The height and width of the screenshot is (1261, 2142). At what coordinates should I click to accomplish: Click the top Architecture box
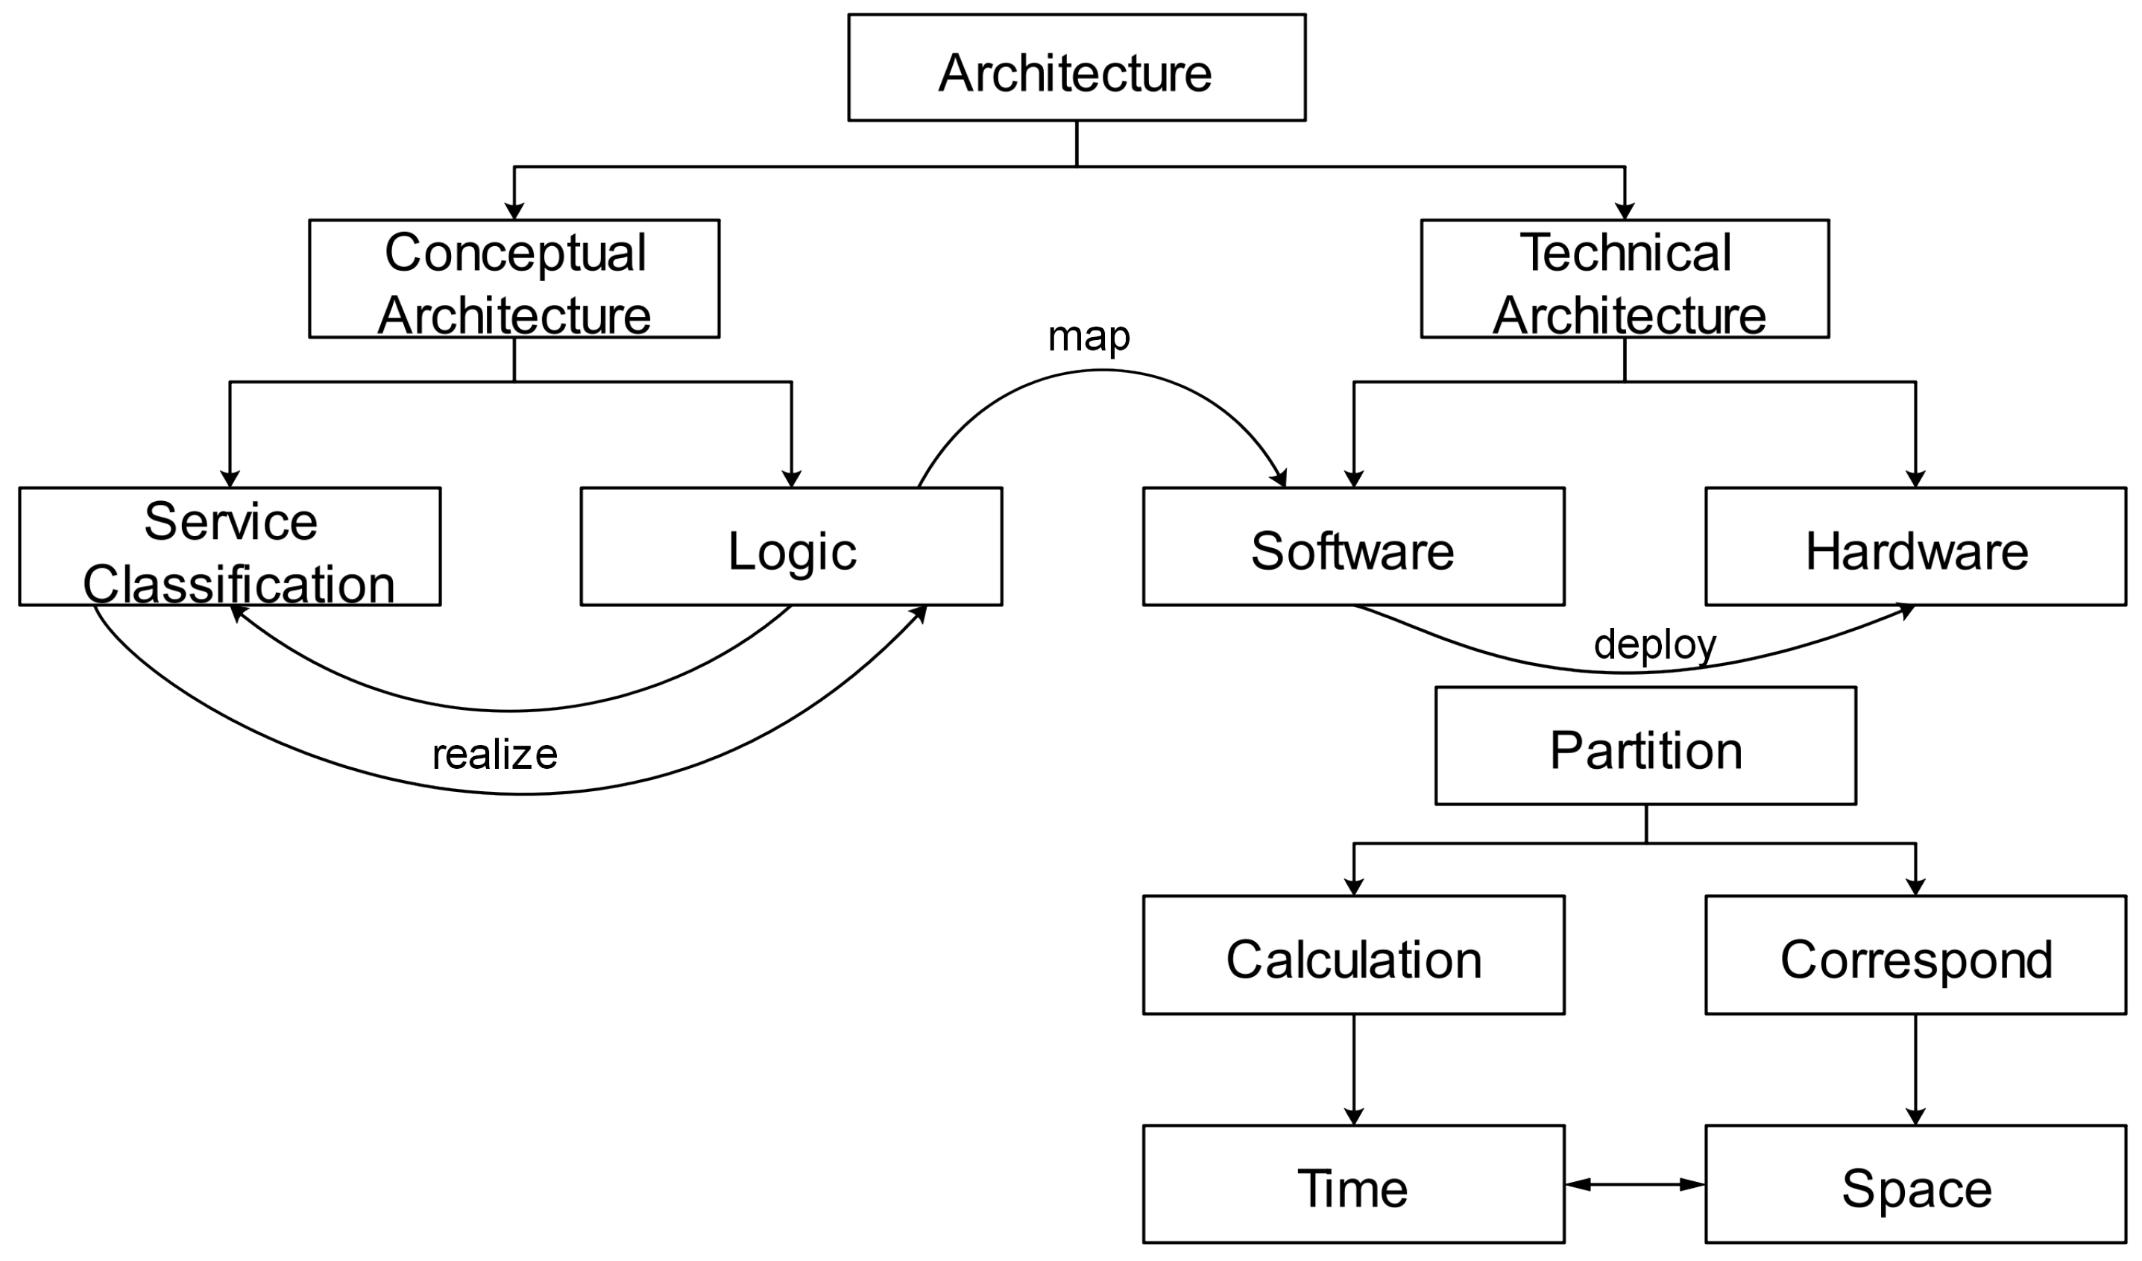(1076, 67)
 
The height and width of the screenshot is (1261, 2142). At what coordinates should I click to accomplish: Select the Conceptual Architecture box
(514, 279)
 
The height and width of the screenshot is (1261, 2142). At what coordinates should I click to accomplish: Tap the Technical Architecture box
(1625, 279)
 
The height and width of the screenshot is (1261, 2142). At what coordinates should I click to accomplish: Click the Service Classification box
(230, 546)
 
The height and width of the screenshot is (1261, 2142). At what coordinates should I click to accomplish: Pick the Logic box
(790, 546)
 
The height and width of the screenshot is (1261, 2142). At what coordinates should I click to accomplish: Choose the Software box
(1353, 546)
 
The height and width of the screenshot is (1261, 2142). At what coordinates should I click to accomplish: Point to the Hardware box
(1915, 546)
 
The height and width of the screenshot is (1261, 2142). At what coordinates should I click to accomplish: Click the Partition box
(1645, 746)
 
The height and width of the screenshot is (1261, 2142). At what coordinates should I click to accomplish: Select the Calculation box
(1353, 955)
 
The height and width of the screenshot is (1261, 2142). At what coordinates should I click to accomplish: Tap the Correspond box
(1915, 955)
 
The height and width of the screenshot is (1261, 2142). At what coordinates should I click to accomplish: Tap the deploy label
(1654, 644)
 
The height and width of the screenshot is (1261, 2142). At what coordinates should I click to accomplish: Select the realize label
(495, 754)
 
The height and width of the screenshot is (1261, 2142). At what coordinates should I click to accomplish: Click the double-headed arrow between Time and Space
(1634, 1183)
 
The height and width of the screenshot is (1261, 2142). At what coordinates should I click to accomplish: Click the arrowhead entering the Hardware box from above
(1915, 479)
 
